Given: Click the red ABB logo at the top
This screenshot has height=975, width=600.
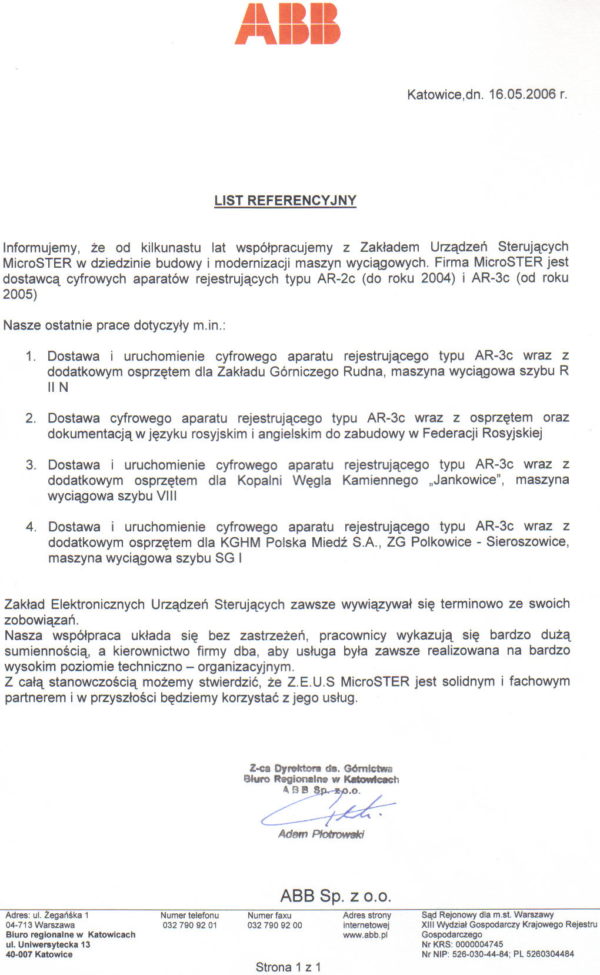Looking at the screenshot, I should click(288, 24).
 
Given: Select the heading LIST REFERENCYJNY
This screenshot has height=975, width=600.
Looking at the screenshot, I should click(285, 201).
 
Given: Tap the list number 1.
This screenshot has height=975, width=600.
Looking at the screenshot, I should click(31, 357).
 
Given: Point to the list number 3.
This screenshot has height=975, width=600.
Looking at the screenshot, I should click(31, 465).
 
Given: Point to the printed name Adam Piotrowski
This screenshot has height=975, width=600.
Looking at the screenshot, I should click(321, 834).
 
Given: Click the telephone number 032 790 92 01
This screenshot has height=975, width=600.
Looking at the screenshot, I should click(189, 925).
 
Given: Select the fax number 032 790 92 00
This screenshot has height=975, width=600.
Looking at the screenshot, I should click(275, 925).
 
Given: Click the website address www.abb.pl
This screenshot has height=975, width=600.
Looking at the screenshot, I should click(365, 935).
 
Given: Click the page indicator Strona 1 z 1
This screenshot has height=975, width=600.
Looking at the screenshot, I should click(288, 967).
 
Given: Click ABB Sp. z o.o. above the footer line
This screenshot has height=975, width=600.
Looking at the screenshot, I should click(336, 896).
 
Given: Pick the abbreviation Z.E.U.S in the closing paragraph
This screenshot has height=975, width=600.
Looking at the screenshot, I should click(311, 682).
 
